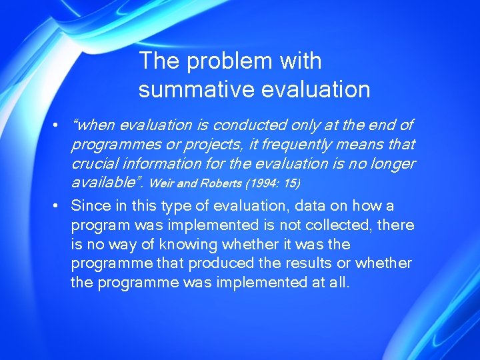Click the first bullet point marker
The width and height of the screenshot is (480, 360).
59,125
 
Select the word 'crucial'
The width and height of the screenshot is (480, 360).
94,163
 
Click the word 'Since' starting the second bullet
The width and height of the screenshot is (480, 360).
89,205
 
